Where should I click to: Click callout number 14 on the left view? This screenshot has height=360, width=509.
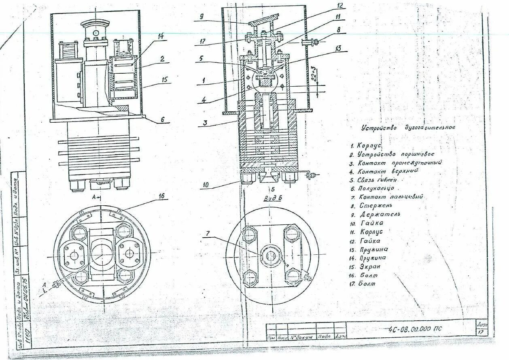point(161,36)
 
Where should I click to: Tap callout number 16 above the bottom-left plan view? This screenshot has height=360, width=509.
point(161,196)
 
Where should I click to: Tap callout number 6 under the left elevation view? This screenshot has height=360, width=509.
point(162,119)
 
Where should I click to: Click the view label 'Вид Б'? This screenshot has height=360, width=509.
point(272,198)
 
